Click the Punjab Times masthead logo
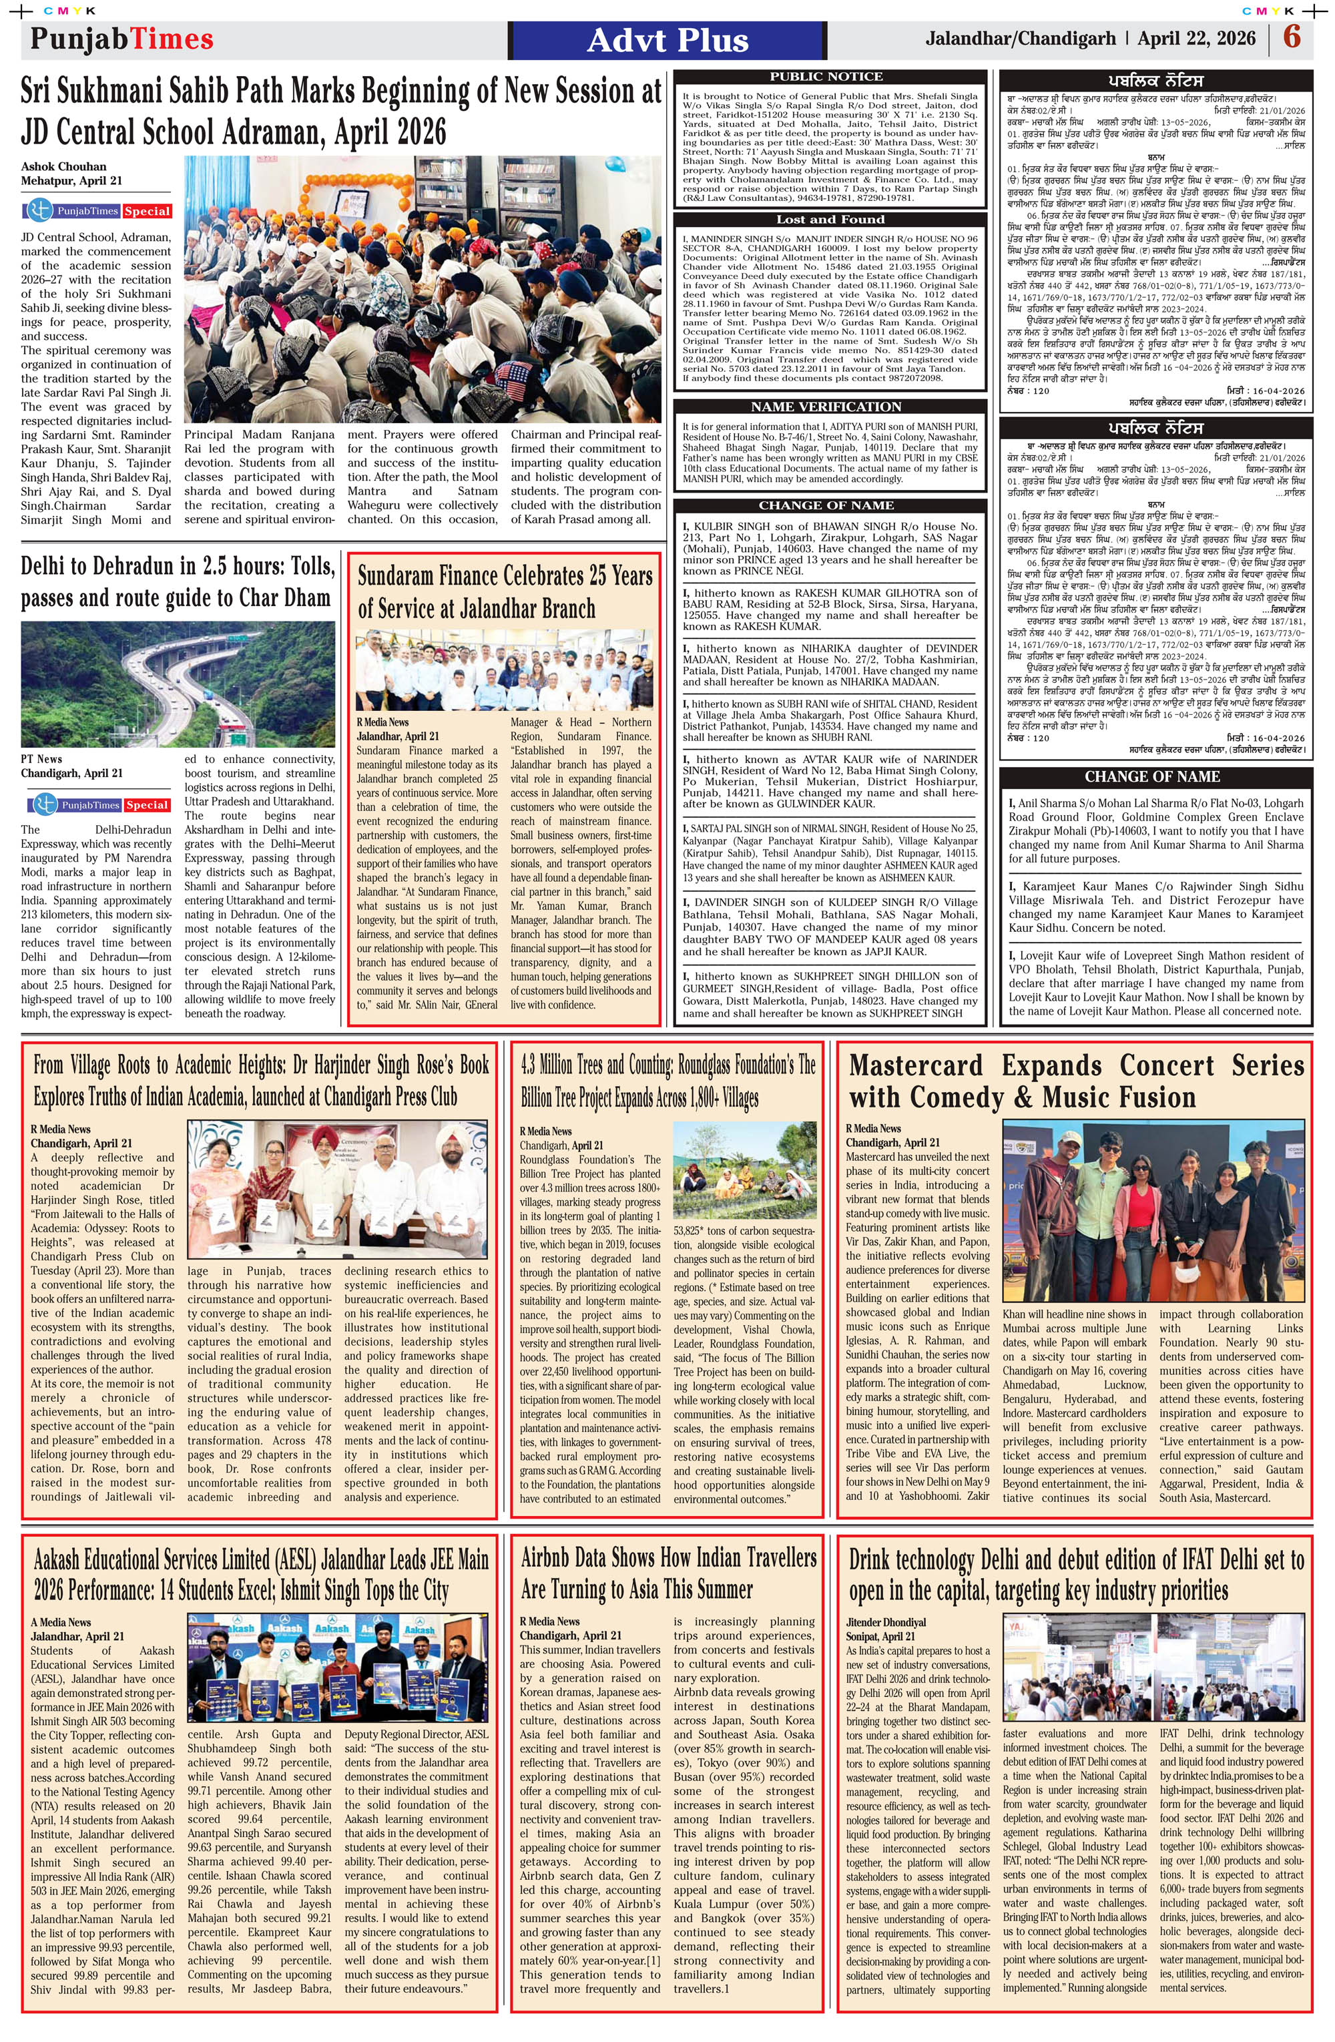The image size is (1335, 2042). pyautogui.click(x=122, y=39)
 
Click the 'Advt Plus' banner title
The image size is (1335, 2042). pyautogui.click(x=667, y=40)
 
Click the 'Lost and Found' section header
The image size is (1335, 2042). pyautogui.click(x=830, y=220)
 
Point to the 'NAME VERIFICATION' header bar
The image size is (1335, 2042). pyautogui.click(x=826, y=407)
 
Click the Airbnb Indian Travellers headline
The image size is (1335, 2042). pyautogui.click(x=667, y=1573)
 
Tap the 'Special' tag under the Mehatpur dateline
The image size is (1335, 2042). pyautogui.click(x=148, y=211)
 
